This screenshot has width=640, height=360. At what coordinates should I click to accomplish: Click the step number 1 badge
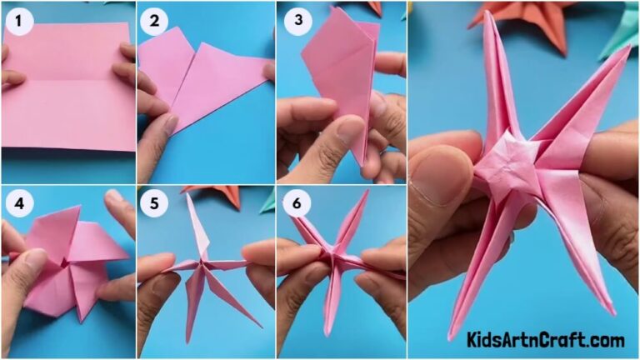(18, 21)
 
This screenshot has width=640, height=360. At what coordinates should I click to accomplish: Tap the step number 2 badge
(153, 21)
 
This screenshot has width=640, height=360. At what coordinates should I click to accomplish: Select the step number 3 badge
(297, 21)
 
